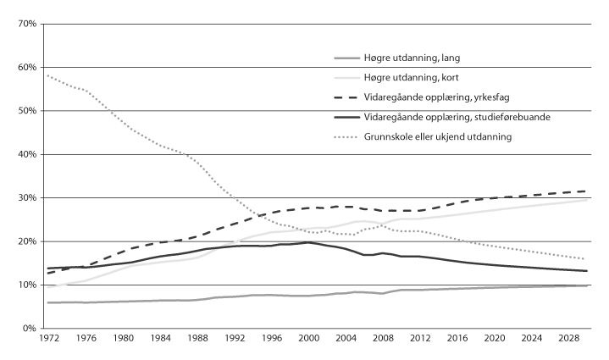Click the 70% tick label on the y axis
click(x=27, y=24)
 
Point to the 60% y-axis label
click(x=27, y=67)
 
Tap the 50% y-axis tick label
click(x=27, y=111)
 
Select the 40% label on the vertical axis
click(x=27, y=154)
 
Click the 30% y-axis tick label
click(x=27, y=197)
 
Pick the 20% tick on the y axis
click(x=27, y=241)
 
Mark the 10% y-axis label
click(x=27, y=285)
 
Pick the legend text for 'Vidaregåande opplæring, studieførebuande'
click(x=457, y=116)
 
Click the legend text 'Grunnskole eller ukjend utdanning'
click(x=438, y=136)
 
